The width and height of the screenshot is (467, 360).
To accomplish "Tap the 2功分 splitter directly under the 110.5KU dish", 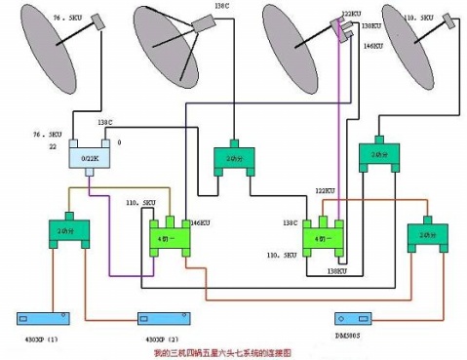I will (378, 155).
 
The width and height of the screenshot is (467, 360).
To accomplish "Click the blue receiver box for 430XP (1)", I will (49, 319).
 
